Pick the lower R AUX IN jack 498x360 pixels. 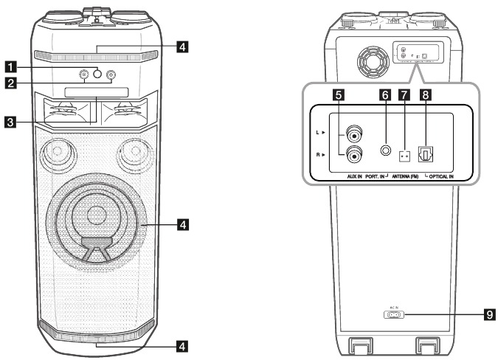(355, 156)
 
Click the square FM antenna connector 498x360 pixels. (404, 156)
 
